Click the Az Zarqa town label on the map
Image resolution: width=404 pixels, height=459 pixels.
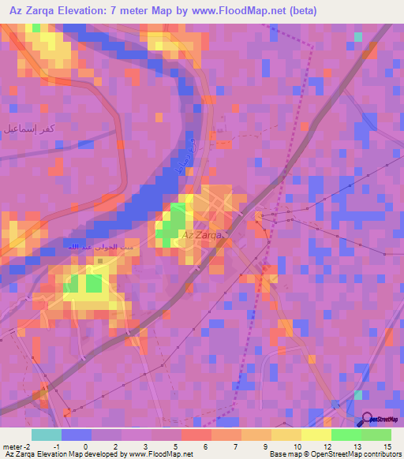203,235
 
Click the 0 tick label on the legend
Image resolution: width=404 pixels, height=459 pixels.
85,446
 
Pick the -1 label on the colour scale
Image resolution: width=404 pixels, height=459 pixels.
57,446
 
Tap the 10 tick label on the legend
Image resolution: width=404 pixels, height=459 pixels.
297,446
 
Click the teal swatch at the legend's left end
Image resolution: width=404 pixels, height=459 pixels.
46,435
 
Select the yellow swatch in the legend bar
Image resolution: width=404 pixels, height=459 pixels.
316,435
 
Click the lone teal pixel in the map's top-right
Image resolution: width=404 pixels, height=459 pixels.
358,37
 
